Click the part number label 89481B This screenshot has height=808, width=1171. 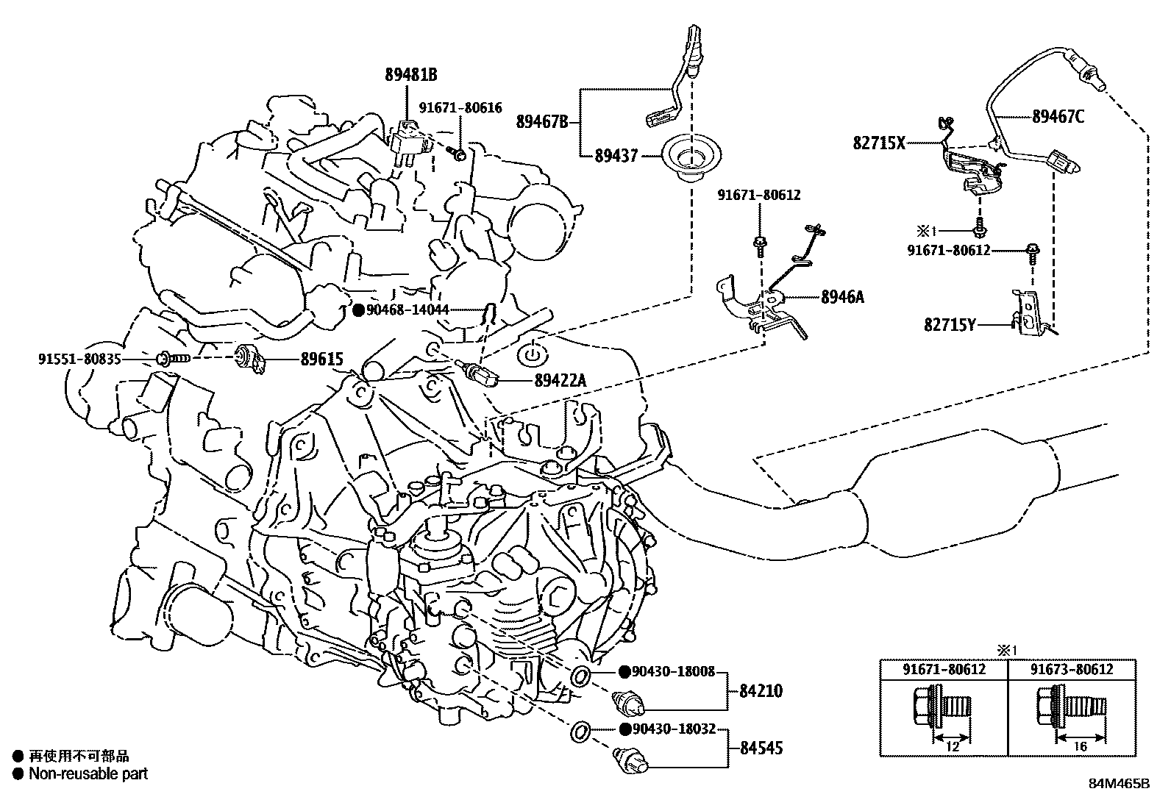(x=410, y=74)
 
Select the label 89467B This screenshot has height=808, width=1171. (x=543, y=121)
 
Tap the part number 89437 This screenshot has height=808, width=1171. (x=616, y=156)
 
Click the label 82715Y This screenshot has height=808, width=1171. (x=950, y=323)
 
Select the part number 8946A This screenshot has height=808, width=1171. (x=842, y=297)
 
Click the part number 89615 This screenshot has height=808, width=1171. (x=321, y=360)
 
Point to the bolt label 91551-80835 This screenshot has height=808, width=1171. (x=79, y=360)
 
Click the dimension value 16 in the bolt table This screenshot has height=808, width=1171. (x=1081, y=747)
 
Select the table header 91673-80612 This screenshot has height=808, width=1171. (x=1071, y=669)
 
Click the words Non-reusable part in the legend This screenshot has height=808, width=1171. (x=88, y=773)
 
